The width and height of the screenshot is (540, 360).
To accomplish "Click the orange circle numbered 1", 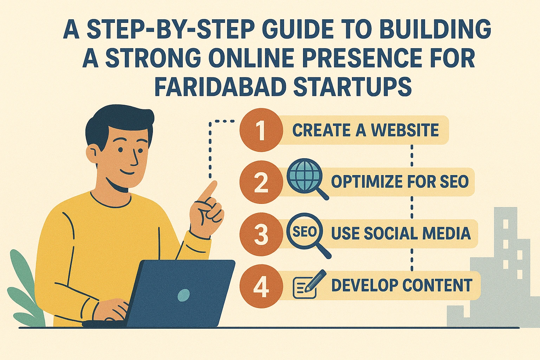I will click(x=261, y=130).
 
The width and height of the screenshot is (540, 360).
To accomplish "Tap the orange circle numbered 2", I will click(x=261, y=182).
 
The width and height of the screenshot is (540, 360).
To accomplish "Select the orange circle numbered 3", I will click(x=261, y=233).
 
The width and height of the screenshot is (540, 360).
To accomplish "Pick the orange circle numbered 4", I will click(x=261, y=285).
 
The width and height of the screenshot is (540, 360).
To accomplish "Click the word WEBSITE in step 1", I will click(x=405, y=130).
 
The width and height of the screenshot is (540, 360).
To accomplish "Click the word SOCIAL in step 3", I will click(x=391, y=233).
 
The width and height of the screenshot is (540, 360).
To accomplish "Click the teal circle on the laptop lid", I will click(x=184, y=295).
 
